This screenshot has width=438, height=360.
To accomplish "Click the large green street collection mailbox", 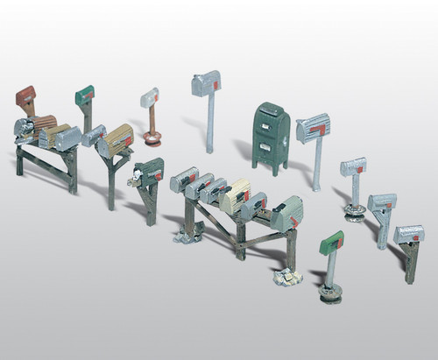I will tap(271, 138).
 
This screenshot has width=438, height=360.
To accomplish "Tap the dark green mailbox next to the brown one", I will tap(85, 93).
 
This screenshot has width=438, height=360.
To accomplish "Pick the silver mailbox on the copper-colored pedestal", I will tap(150, 95).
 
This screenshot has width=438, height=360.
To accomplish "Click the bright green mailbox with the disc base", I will tap(331, 244).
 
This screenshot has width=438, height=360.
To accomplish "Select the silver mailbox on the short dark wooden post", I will tap(408, 234).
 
